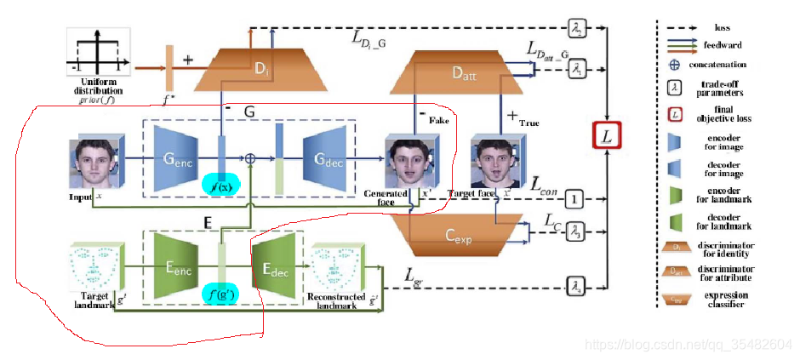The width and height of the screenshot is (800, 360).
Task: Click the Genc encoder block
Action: pyautogui.click(x=178, y=158)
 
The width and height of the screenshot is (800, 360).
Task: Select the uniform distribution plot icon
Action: pyautogui.click(x=97, y=55)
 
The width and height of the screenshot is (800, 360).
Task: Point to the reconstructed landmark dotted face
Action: pyautogui.click(x=335, y=267)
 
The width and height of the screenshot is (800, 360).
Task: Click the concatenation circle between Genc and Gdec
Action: pyautogui.click(x=251, y=158)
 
